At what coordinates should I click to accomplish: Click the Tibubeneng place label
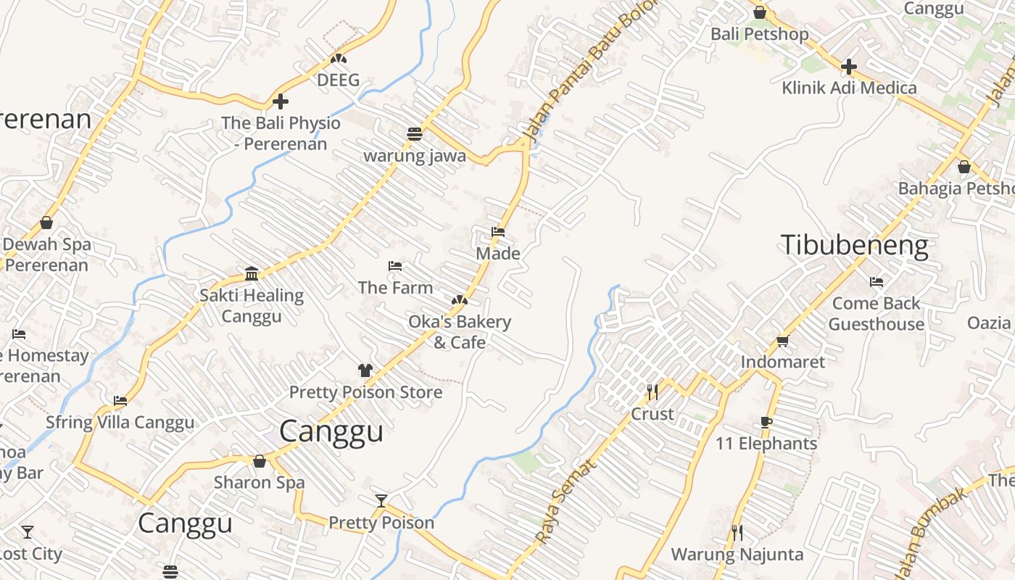coord(854,246)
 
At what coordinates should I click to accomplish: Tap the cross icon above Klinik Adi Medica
coord(848,67)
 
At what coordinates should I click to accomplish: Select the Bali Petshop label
coord(759,34)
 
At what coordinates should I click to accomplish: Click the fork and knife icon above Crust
coord(652,392)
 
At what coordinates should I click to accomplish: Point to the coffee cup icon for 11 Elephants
coord(766,423)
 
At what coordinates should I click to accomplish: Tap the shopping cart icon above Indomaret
coord(782,341)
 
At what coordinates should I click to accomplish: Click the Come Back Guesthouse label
coord(876,313)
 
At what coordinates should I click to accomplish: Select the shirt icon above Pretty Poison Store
coord(365,370)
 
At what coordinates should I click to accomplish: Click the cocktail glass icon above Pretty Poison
coord(381,501)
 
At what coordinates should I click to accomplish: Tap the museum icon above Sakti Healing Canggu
coord(252,273)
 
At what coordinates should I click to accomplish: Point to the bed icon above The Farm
coord(395,266)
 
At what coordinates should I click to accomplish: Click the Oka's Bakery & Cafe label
coord(460,331)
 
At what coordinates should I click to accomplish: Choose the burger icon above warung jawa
coord(415,134)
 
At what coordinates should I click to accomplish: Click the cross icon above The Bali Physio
coord(281,101)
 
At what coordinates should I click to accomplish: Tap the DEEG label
coord(338,80)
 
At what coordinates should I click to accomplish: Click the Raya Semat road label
coord(567,500)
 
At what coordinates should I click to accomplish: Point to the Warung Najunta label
coord(737,555)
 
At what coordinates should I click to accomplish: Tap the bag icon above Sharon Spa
coord(260,461)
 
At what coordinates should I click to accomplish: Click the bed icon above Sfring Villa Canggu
coord(120,400)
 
